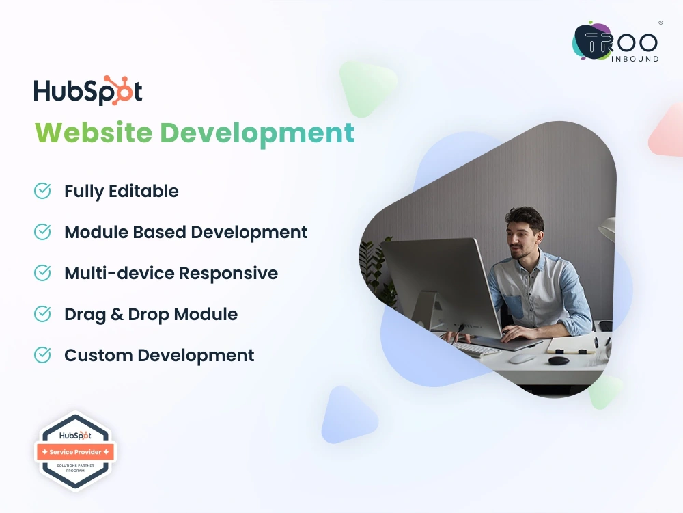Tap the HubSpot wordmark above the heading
88,91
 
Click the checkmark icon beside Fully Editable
42,191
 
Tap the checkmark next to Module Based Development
42,232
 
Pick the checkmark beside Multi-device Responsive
42,273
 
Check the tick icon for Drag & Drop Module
42,314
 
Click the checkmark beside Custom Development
42,355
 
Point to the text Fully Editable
122,191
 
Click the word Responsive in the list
228,273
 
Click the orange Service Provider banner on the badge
75,452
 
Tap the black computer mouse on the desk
558,360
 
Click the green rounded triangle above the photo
367,85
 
